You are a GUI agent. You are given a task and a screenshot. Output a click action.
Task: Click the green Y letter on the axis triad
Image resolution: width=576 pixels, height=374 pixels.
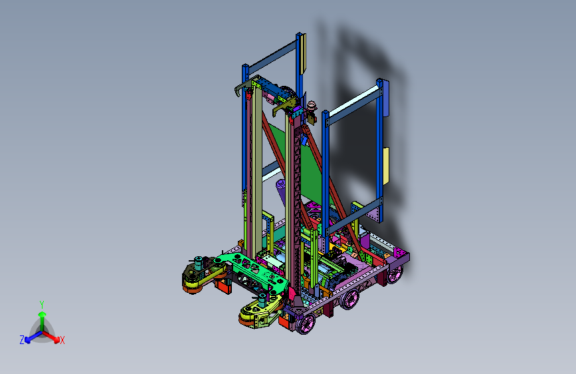point(41,305)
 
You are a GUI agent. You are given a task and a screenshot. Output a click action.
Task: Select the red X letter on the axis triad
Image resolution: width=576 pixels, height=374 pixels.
point(62,340)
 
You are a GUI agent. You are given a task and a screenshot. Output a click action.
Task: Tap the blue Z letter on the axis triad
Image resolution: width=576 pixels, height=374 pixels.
point(22,340)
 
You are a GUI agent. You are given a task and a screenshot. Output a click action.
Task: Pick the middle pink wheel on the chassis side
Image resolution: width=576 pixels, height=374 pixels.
point(349,299)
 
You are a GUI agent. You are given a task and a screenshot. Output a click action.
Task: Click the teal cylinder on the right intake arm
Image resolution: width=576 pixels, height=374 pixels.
point(262,300)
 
